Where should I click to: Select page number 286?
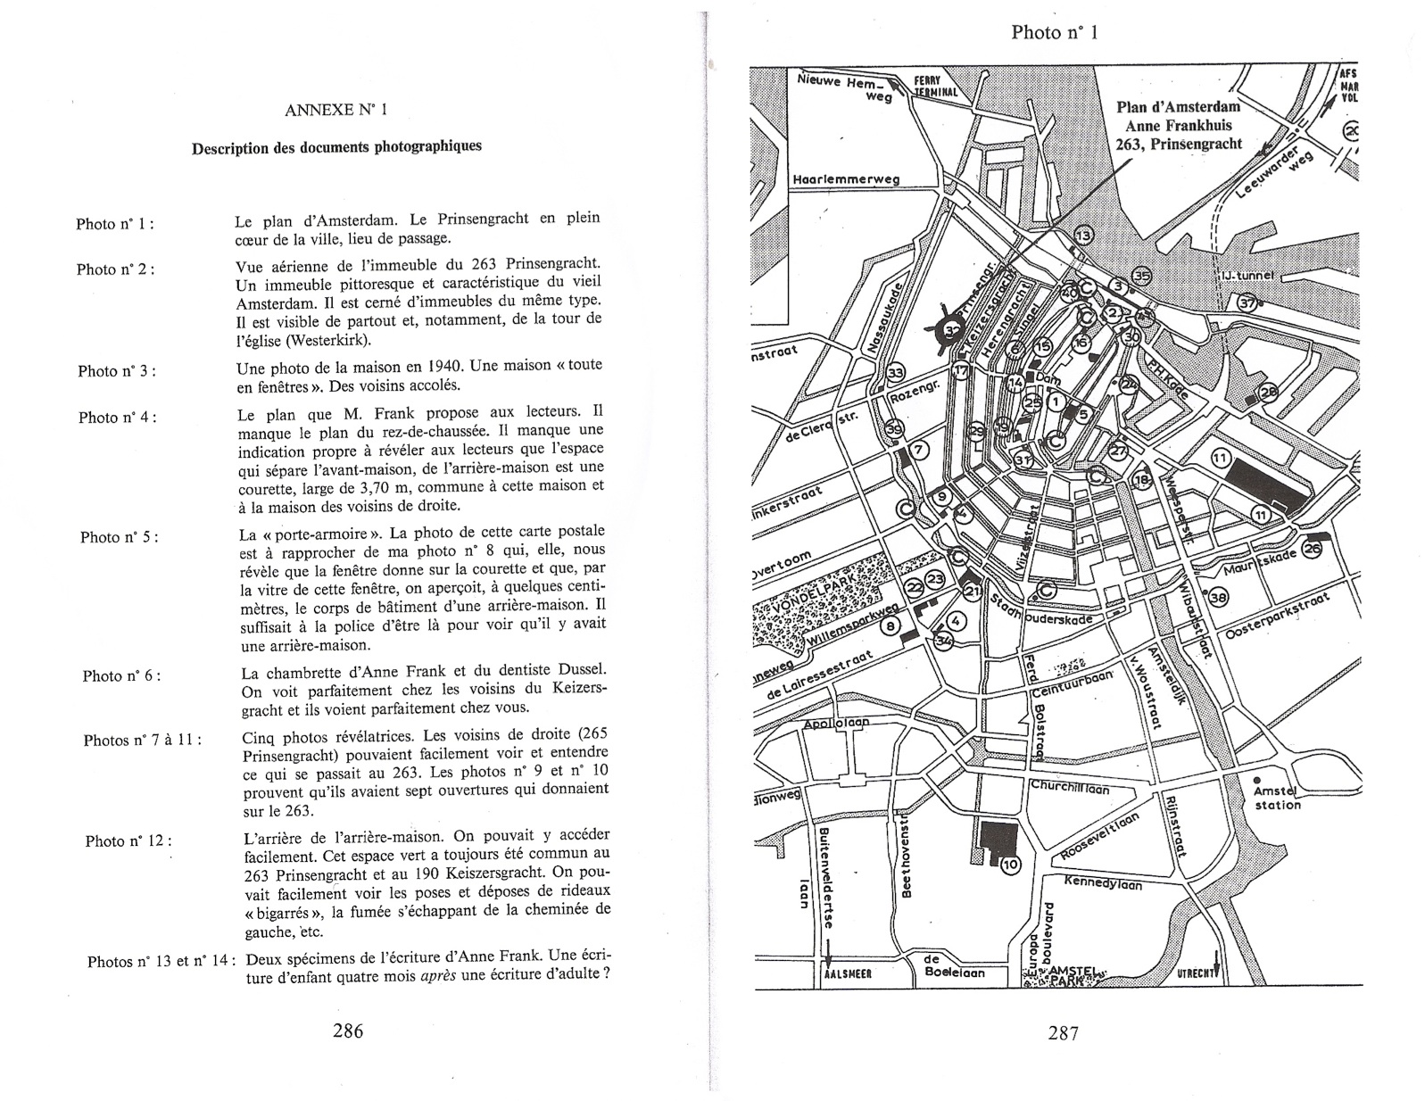(347, 1031)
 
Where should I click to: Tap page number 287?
(1063, 1033)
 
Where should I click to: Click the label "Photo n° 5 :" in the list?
(120, 537)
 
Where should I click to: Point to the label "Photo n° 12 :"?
(128, 841)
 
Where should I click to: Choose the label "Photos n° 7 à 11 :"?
(142, 740)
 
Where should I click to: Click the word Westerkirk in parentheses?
(326, 341)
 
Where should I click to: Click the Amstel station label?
(1277, 798)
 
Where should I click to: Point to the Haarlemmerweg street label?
(846, 179)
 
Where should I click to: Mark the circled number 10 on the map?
(1009, 864)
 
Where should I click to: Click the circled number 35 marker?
(1142, 276)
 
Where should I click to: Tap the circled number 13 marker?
(1082, 236)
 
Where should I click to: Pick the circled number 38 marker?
(1218, 597)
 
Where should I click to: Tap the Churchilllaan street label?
(1069, 788)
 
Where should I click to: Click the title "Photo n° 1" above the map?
(1054, 33)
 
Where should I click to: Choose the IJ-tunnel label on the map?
(1249, 276)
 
